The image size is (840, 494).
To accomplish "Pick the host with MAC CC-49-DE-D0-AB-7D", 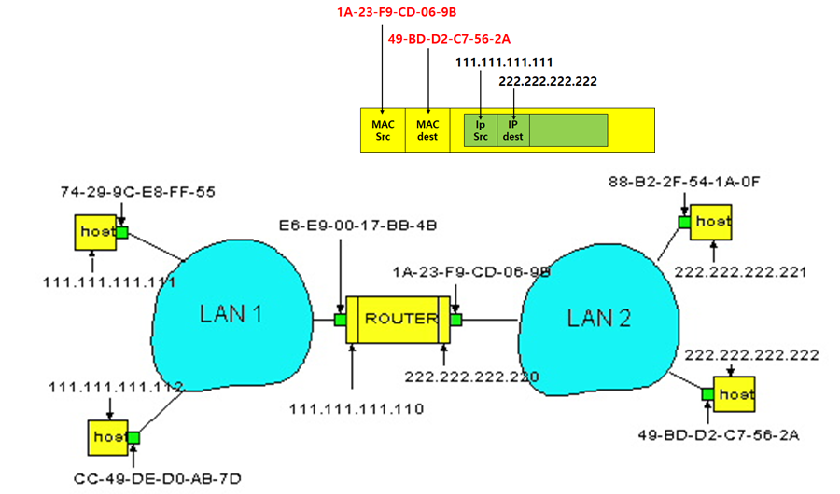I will (106, 437).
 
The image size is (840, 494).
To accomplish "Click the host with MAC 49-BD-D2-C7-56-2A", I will (735, 394).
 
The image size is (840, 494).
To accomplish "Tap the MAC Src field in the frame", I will (384, 130).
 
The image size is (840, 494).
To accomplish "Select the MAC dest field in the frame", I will (427, 130).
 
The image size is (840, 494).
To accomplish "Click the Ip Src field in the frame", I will (481, 130).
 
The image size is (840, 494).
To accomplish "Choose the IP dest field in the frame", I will (512, 130).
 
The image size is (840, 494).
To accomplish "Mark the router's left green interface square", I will (341, 320).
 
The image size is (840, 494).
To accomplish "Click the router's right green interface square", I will (455, 320).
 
